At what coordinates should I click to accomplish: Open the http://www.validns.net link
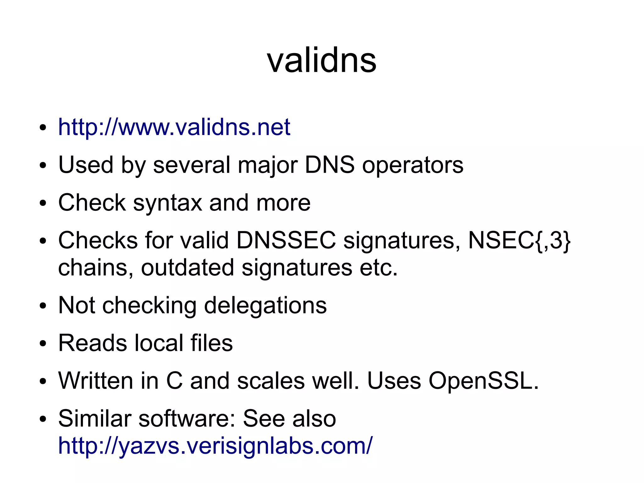pos(174,127)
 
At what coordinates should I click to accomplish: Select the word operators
pos(413,165)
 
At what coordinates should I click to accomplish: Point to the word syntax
pos(167,203)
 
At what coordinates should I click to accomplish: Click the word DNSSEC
pos(286,240)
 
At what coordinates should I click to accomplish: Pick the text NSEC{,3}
pos(519,241)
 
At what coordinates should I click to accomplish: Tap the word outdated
pos(187,268)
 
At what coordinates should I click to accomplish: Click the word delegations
pos(265,306)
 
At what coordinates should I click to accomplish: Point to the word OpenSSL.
pos(484,381)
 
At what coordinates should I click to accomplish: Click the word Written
pos(96,381)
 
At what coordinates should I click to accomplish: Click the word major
pos(268,165)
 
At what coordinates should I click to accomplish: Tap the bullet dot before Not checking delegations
pos(43,306)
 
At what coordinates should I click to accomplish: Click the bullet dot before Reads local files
pos(43,343)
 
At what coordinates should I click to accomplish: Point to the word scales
pos(271,381)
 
